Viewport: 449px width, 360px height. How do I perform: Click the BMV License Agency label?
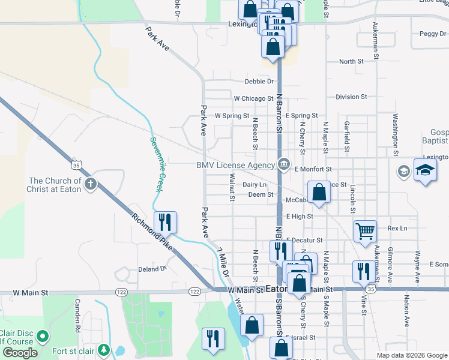(235, 165)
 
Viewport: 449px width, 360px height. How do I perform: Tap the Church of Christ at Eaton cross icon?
(90, 183)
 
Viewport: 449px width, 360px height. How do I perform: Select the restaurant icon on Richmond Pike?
(165, 222)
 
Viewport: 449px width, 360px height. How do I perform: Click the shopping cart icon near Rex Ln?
(365, 231)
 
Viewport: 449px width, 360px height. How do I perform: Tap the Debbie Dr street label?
(259, 82)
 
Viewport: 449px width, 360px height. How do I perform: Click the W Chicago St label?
(253, 98)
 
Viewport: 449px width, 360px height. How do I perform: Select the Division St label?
(351, 97)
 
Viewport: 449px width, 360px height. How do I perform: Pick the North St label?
(351, 62)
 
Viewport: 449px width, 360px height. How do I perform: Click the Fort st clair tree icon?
(104, 349)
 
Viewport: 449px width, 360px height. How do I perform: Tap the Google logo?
(19, 353)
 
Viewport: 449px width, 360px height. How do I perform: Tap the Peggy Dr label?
(433, 34)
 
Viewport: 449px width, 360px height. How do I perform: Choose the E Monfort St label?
(313, 170)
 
